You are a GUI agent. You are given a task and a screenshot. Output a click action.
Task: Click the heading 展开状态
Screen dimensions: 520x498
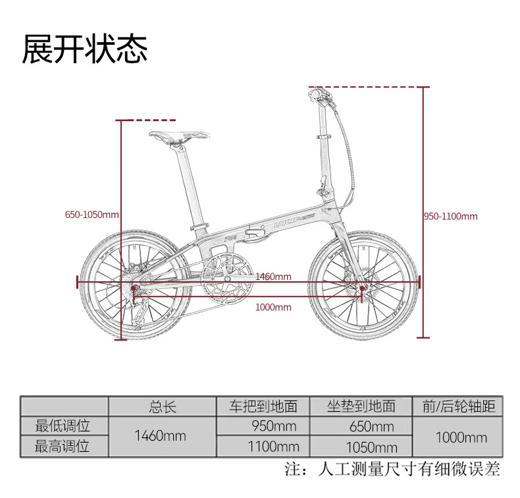point(85,49)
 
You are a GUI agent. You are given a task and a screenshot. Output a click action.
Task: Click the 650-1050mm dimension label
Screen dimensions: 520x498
point(92,215)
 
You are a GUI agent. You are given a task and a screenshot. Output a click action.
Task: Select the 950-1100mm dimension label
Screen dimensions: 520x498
point(451,216)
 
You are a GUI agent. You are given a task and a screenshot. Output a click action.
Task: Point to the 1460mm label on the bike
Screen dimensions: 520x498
point(273,277)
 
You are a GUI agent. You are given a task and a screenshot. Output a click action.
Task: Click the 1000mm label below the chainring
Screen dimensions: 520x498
point(273,307)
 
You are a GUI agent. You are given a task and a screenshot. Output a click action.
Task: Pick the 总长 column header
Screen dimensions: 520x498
point(163,406)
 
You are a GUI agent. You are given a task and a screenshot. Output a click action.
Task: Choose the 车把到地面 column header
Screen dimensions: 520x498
point(263,406)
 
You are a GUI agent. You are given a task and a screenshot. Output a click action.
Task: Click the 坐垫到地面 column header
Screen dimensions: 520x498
point(361,406)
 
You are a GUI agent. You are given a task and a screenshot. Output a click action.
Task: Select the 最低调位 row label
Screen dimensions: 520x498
point(63,426)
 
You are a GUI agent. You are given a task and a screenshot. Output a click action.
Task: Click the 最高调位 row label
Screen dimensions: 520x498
point(63,446)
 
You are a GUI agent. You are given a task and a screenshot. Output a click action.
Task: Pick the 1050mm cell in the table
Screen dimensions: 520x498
point(373,447)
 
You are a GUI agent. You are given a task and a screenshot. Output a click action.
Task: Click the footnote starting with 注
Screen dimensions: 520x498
point(392,470)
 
